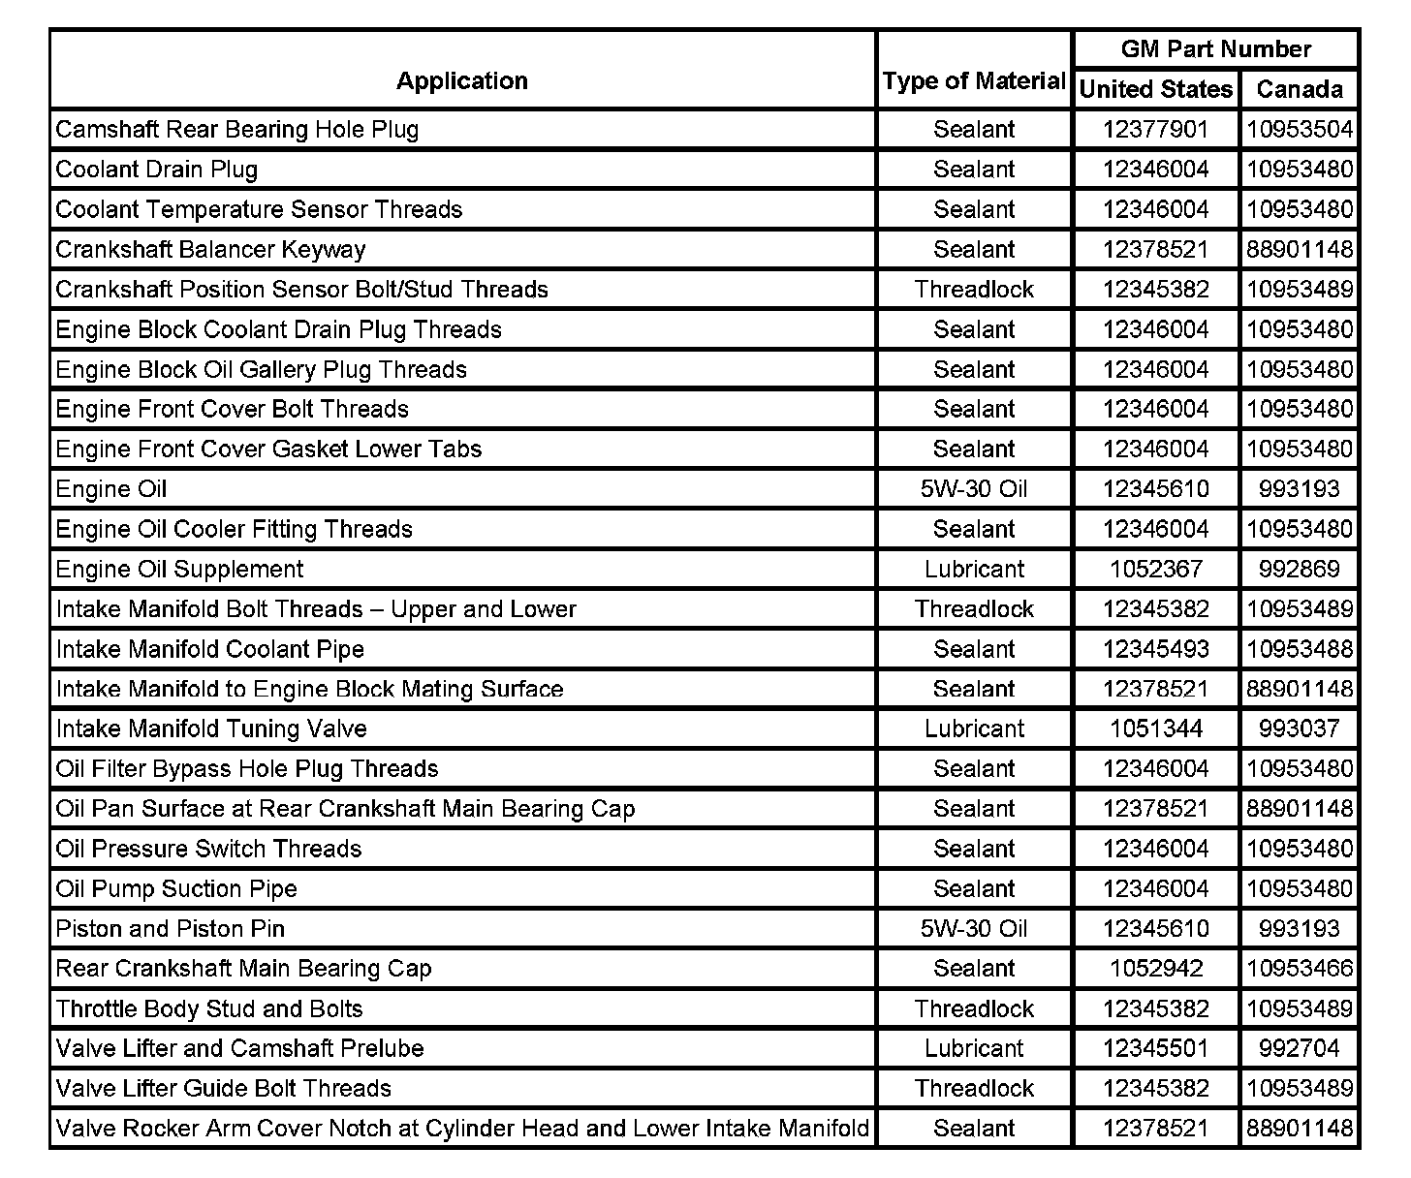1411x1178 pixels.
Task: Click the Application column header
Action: point(462,80)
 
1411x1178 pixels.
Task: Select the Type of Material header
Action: point(974,81)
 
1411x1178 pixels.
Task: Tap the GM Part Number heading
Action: point(1215,49)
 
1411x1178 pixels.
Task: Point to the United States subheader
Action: point(1156,89)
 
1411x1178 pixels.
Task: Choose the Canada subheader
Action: point(1299,89)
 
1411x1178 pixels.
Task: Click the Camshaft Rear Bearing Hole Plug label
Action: point(237,130)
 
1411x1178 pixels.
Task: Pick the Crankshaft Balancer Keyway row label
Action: point(211,250)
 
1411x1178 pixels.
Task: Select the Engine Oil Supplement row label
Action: point(179,570)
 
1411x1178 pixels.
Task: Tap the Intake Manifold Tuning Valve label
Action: point(211,729)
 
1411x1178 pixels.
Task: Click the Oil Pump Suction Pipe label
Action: point(176,889)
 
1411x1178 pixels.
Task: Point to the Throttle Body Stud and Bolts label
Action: point(209,1009)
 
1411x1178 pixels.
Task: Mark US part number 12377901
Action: point(1156,130)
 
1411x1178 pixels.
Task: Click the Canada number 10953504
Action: point(1299,130)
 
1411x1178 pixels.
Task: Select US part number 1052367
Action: point(1156,570)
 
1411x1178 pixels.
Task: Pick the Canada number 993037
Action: point(1299,729)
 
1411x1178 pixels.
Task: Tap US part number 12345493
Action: point(1156,649)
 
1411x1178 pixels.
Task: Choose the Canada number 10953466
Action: point(1299,969)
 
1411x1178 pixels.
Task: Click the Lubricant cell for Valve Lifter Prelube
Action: point(974,1049)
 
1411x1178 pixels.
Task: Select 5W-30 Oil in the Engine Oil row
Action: point(974,489)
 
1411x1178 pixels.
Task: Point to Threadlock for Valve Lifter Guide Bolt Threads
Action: point(974,1089)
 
